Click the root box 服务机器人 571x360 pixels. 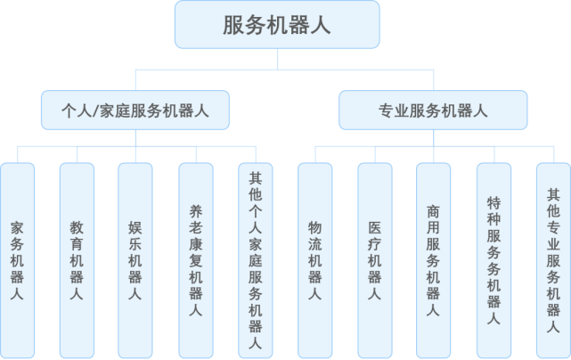point(276,24)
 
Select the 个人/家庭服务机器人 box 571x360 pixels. point(135,111)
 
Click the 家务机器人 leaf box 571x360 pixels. point(17,259)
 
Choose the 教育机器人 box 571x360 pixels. point(77,259)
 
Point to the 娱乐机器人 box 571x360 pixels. point(135,259)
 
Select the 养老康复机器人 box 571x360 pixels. point(195,259)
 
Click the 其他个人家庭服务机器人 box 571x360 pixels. point(255,259)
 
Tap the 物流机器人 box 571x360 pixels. point(314,259)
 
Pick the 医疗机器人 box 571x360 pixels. point(374,259)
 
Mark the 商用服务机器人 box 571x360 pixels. point(433,259)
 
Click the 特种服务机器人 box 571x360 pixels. point(493,259)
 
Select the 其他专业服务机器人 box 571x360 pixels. point(552,259)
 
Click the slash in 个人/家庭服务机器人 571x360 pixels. point(97,111)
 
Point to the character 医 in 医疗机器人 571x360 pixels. point(374,227)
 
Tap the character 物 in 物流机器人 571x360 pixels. point(314,227)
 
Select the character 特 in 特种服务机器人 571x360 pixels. point(493,204)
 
